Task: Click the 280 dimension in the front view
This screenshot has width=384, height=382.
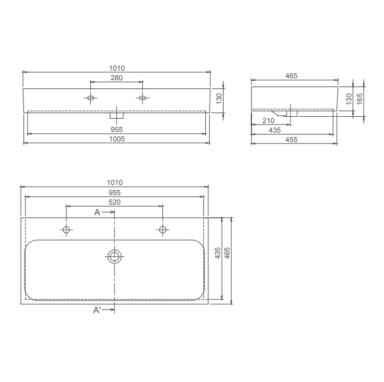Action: coord(116,78)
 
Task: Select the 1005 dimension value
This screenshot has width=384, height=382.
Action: coord(116,138)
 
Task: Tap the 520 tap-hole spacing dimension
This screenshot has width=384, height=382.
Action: coord(114,202)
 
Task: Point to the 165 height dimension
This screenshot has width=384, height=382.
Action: coord(359,98)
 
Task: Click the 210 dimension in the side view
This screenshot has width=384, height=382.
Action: coord(267,120)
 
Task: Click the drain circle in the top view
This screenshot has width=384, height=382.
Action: coord(114,256)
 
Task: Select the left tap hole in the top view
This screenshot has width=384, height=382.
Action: coord(66,230)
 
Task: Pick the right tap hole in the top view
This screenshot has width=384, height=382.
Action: coord(162,230)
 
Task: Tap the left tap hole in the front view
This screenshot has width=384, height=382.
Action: coord(90,98)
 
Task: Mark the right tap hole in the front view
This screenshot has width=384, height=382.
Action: coord(142,98)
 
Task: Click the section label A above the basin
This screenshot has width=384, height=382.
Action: coord(97,213)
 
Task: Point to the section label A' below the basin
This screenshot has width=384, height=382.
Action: coord(97,309)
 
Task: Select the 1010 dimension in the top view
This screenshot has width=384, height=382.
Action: coord(114,183)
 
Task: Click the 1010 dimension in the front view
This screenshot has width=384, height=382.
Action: coord(116,68)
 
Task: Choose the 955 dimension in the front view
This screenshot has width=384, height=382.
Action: coord(116,129)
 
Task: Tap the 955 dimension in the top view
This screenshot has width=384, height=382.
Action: coord(114,193)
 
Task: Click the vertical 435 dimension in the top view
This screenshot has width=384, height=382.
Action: coord(218,254)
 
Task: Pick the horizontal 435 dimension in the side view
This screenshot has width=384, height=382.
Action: coord(275,129)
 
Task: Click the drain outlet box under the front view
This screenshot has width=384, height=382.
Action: coord(117,116)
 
